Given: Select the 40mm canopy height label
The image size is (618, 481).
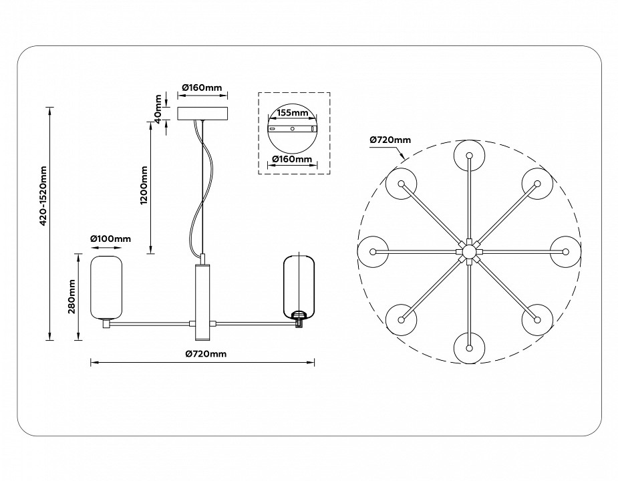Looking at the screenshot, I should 158,107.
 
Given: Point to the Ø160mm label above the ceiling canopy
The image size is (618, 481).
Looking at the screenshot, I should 202,87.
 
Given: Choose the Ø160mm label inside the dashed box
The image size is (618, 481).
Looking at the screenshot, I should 292,160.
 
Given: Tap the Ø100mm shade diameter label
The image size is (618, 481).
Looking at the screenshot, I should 110,238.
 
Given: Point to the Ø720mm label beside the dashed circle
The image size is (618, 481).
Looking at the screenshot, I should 390,140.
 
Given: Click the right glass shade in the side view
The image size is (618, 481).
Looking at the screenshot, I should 299,285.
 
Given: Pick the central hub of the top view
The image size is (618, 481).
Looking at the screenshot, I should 468,251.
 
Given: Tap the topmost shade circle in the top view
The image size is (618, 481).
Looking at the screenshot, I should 469,155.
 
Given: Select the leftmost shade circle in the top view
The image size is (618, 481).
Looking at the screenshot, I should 373,251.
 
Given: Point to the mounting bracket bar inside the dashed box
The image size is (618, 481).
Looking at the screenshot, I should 292,128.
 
